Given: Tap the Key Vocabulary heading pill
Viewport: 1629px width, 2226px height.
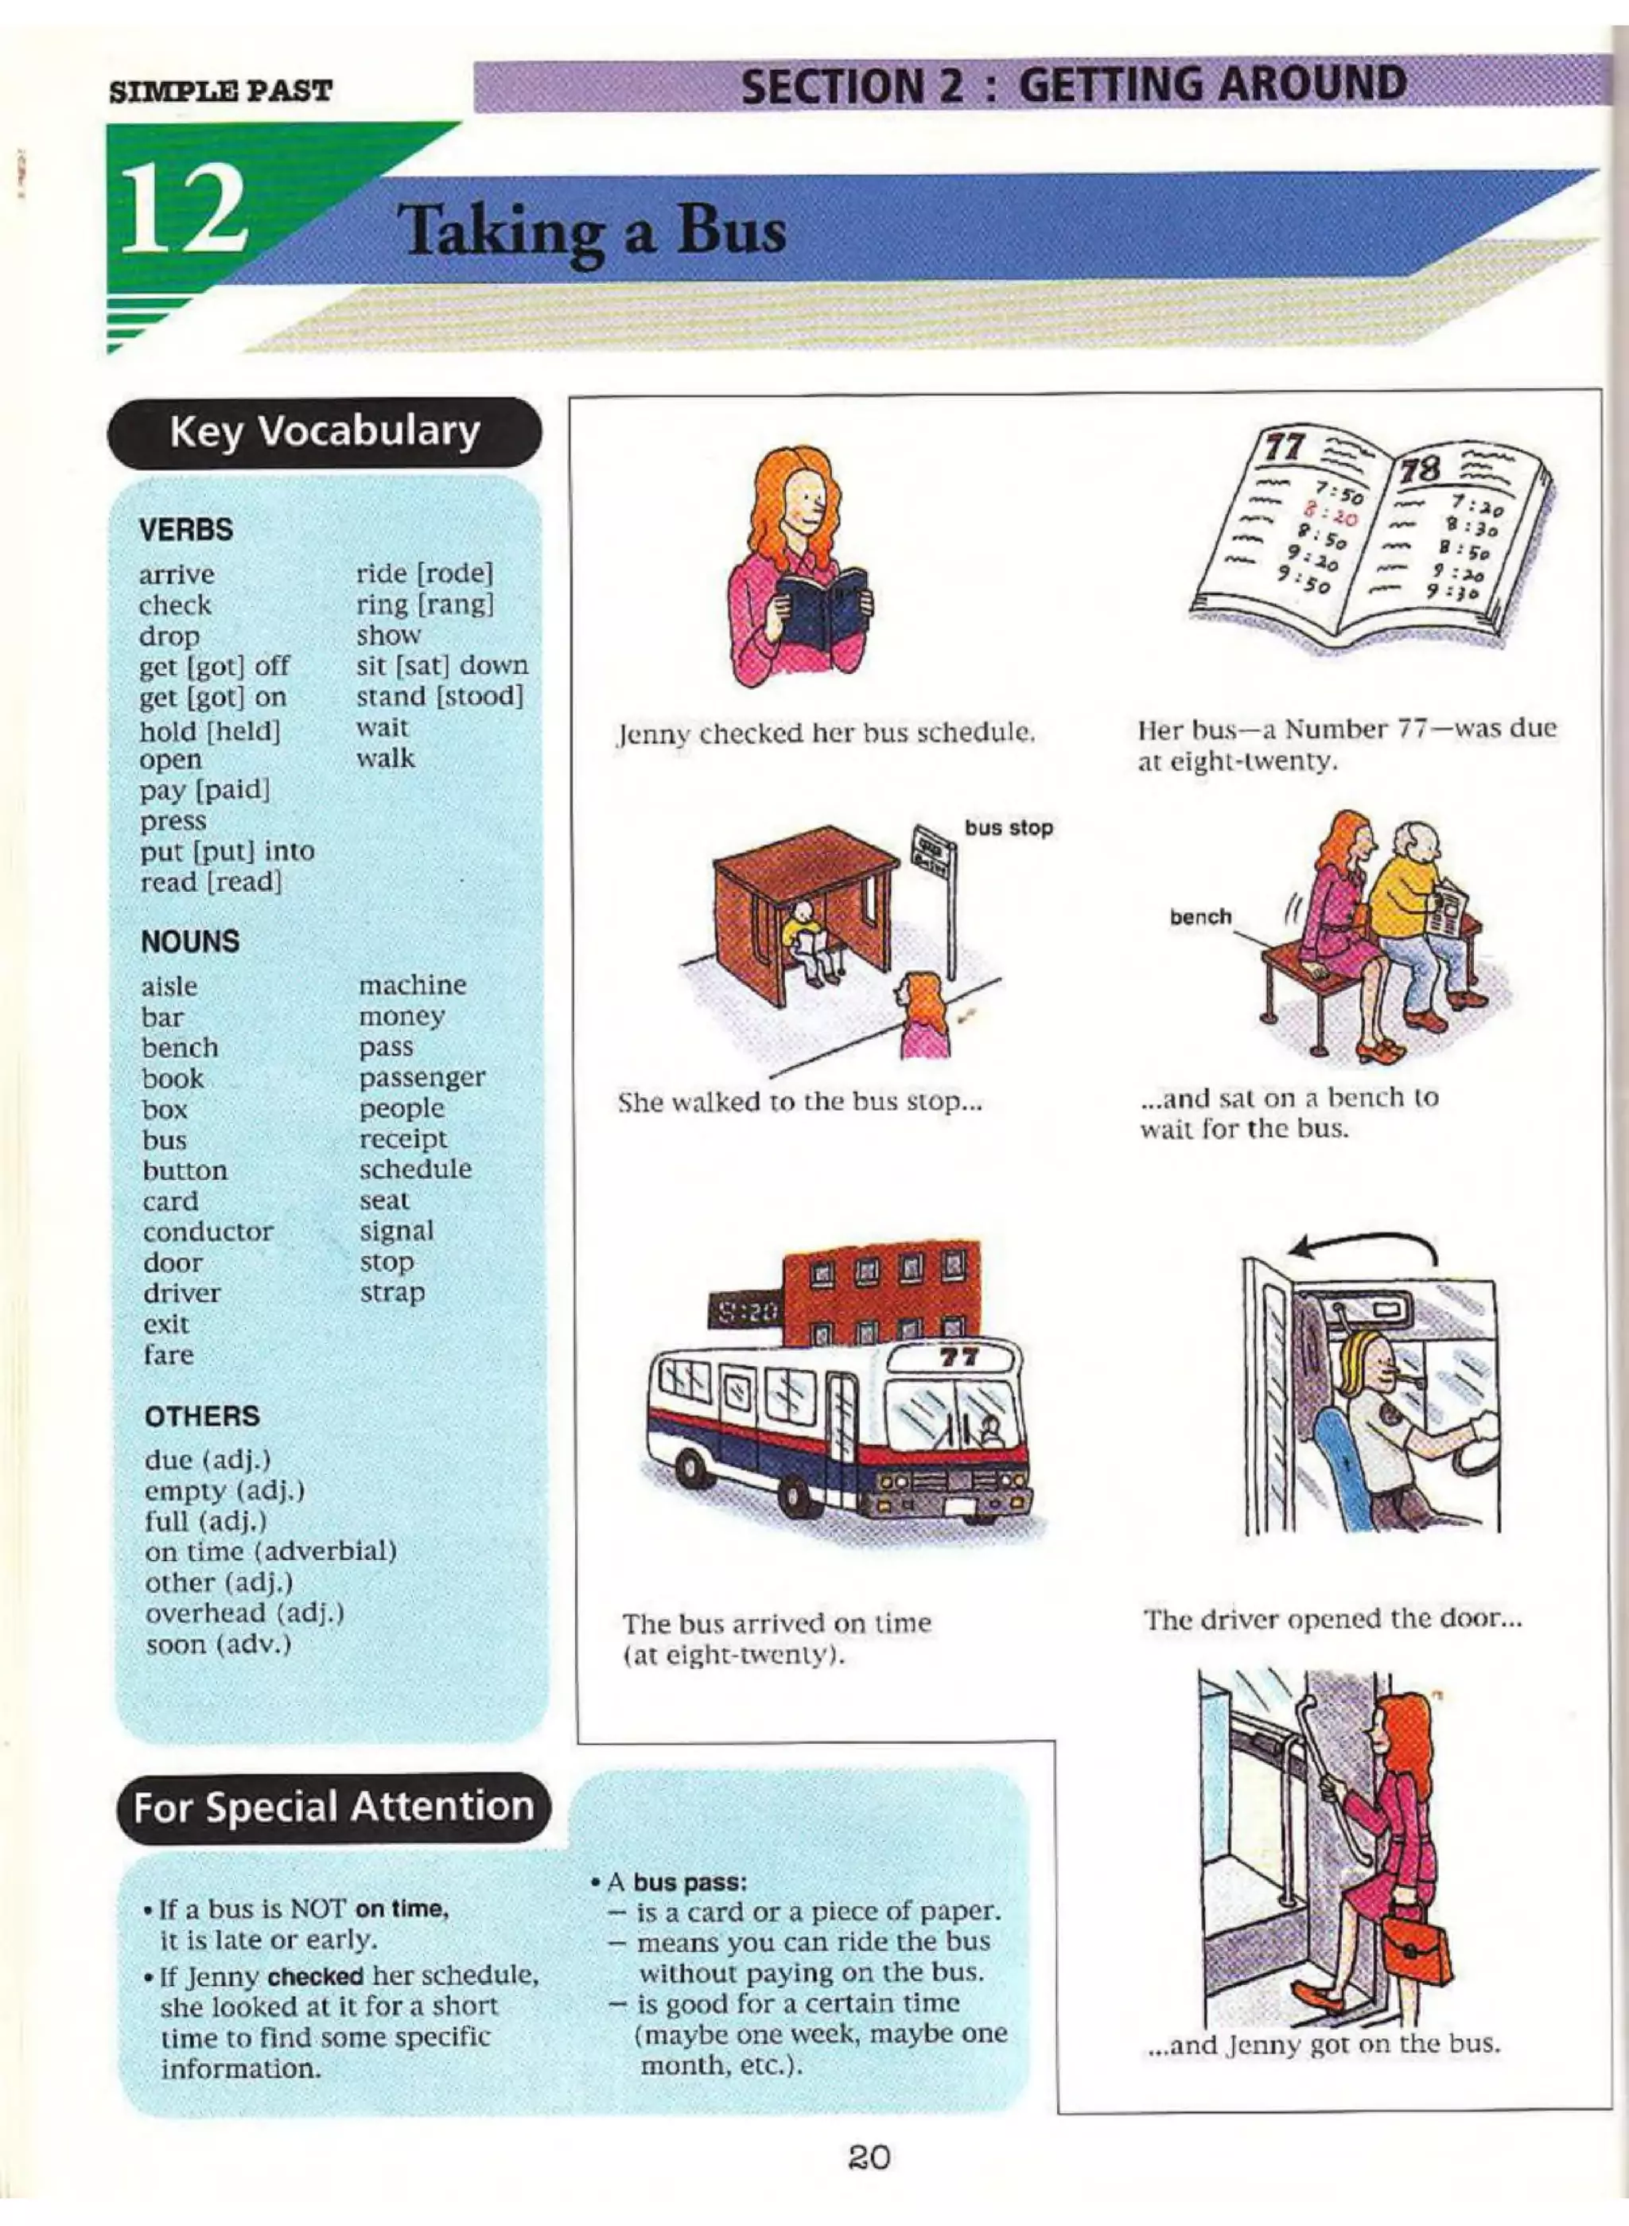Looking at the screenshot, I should pos(325,432).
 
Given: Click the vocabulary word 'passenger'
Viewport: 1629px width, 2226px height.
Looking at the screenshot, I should pos(422,1077).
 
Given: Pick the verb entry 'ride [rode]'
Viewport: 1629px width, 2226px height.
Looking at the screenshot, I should pos(425,573).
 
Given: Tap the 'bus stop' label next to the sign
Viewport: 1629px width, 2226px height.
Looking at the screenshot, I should pos(1009,827).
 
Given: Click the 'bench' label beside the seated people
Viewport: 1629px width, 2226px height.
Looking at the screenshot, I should pos(1200,916).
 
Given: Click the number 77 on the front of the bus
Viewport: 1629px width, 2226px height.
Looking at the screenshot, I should pos(958,1357).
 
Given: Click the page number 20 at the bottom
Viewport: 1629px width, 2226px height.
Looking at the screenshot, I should pos(869,2158).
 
